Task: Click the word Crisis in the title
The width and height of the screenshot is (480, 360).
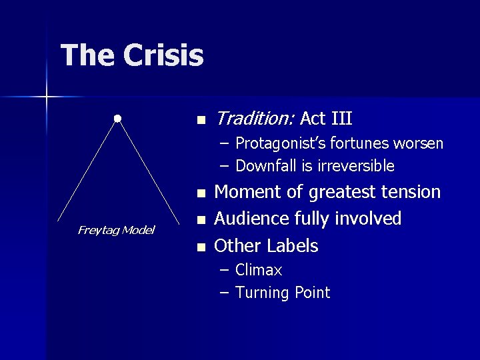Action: point(163,55)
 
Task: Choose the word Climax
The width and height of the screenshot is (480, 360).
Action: point(259,270)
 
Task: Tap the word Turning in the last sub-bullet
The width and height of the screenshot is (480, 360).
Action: point(261,293)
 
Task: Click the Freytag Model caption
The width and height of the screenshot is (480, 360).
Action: point(116,230)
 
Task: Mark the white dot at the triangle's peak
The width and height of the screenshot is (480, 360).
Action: point(117,119)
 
